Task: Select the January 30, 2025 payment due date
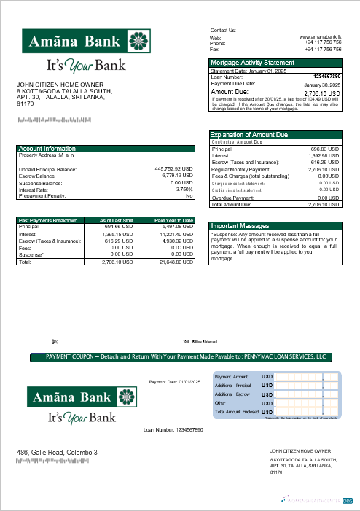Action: pyautogui.click(x=322, y=85)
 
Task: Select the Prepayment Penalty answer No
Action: pyautogui.click(x=189, y=196)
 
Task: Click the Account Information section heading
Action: pyautogui.click(x=47, y=149)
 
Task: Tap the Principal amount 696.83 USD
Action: pyautogui.click(x=325, y=149)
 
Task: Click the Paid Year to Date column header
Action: pyautogui.click(x=173, y=220)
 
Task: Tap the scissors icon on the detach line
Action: pyautogui.click(x=53, y=340)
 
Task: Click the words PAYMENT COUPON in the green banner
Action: pyautogui.click(x=72, y=356)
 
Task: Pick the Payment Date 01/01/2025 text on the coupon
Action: pyautogui.click(x=174, y=381)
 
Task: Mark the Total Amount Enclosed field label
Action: pyautogui.click(x=237, y=412)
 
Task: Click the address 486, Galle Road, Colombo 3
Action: pyautogui.click(x=57, y=453)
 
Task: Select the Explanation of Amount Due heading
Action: pyautogui.click(x=249, y=135)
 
